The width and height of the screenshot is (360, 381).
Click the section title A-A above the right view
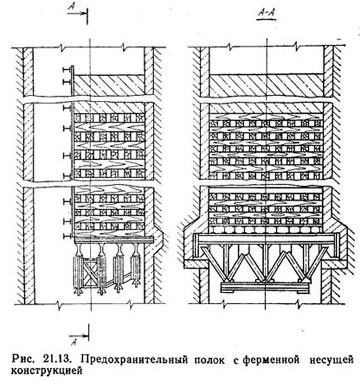coord(267,13)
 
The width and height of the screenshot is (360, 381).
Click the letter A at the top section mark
coord(71,7)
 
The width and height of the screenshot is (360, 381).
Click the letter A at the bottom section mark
coord(74,343)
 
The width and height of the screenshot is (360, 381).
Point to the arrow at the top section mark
coord(77,13)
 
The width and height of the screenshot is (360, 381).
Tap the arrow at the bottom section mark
coord(79,336)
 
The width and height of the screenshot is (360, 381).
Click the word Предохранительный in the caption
coord(134,360)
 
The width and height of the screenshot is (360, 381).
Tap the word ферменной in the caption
coord(271,360)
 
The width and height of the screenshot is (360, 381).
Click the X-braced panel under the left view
coord(90,270)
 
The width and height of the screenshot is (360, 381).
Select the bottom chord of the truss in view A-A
coord(266,287)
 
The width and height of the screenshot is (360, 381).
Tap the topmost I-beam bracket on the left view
coord(66,70)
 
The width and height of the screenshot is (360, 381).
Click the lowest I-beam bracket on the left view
coord(66,236)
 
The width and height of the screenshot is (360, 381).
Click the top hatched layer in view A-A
coord(266,84)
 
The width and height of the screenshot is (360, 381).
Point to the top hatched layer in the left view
coord(109,84)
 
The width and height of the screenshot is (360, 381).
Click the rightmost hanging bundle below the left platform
coord(135,267)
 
